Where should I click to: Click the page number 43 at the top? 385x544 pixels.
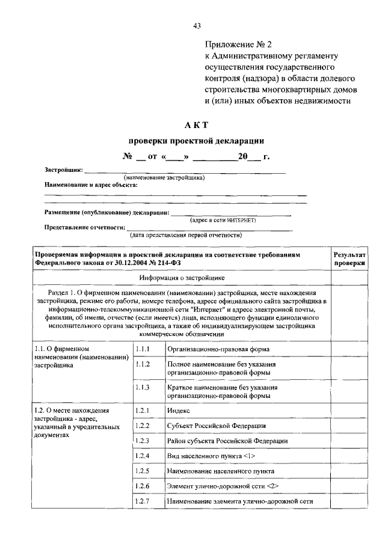point(197,25)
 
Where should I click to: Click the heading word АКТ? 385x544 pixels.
point(197,124)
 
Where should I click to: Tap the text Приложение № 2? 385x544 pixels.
point(239,45)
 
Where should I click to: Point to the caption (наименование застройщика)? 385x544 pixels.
point(164,178)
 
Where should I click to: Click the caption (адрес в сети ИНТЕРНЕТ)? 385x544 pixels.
point(223,221)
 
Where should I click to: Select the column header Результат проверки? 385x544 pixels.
point(350,259)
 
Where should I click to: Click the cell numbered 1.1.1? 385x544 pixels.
point(143,349)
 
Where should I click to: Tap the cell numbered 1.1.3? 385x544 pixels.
point(143,388)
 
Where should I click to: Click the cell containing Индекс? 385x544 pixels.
point(179,410)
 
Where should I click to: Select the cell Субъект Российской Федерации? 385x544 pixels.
point(217,426)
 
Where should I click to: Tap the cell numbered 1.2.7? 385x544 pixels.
point(143,501)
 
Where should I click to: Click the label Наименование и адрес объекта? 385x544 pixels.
point(91,185)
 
